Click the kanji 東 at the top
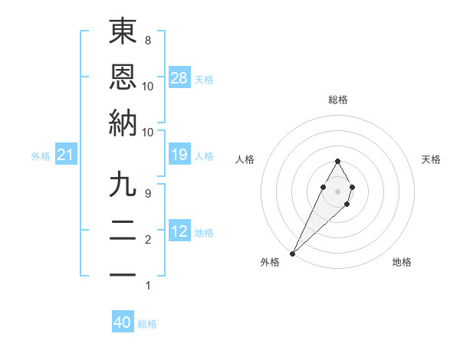coord(123,31)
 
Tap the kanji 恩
coord(123,77)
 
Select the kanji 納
coord(123,123)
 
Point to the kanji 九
coord(123,185)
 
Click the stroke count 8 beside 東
coord(148,40)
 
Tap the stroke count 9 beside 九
coord(148,193)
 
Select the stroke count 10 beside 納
coord(148,131)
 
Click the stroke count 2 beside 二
coord(148,240)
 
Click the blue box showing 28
coord(179,78)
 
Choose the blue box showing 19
coord(179,155)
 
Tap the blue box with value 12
coord(179,232)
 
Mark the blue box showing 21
coord(66,155)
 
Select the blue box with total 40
coord(123,323)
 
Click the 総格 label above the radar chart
coord(338,100)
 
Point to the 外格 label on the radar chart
coord(270,262)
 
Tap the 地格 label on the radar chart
coord(402,262)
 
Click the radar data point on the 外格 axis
coord(293,252)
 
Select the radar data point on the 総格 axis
coord(337,161)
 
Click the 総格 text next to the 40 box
coord(147,324)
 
